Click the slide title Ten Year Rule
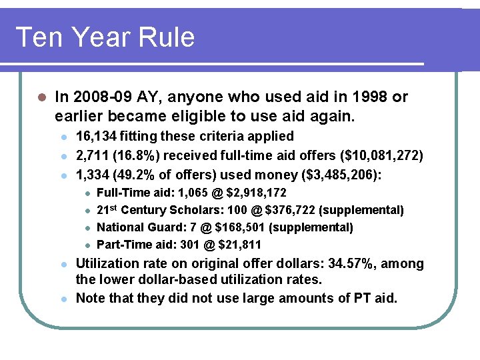click(105, 37)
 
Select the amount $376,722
click(291, 211)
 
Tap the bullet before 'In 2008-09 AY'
click(41, 97)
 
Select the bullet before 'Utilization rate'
click(63, 265)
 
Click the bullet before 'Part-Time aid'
click(87, 245)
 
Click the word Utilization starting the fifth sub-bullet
click(107, 264)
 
